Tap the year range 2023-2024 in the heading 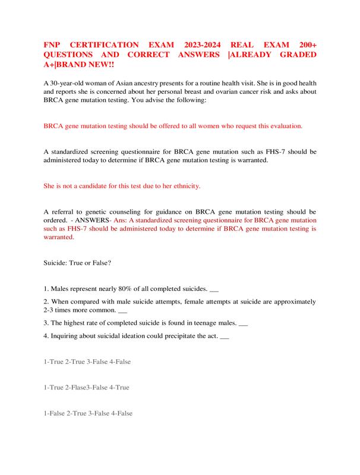192,45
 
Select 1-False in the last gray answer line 55,413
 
